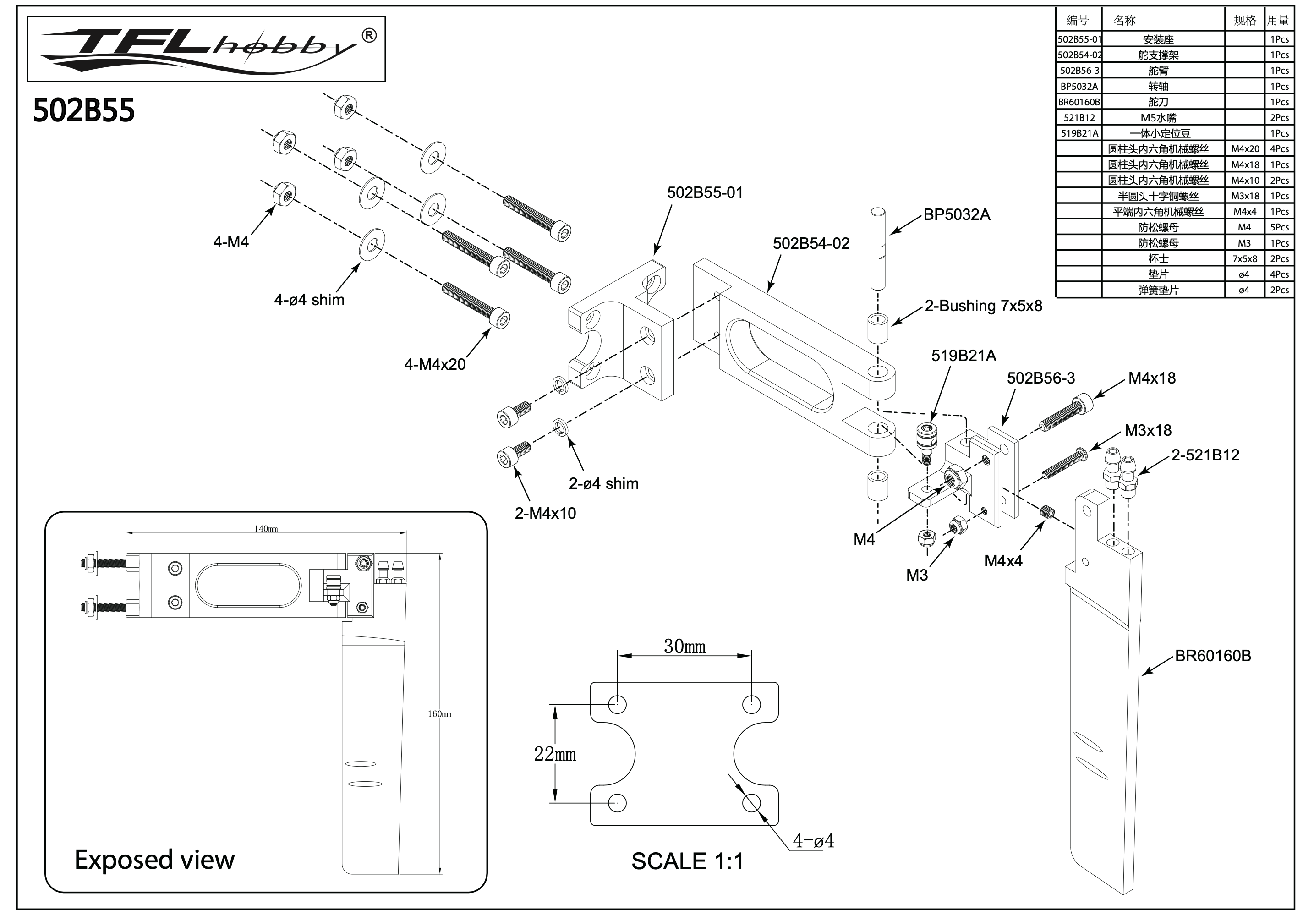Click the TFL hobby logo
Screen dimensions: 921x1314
[206, 49]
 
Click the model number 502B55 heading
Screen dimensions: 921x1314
[83, 110]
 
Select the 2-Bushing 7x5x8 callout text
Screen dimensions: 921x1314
[983, 306]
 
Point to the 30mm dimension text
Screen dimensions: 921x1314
[684, 647]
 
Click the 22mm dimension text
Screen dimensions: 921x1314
[554, 754]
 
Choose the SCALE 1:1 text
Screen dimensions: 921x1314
[687, 861]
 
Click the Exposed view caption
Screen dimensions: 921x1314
[154, 860]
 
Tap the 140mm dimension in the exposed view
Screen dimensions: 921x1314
[266, 529]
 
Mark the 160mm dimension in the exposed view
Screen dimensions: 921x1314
[439, 714]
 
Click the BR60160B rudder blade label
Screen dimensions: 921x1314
[1213, 656]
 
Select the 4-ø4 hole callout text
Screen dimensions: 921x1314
[813, 841]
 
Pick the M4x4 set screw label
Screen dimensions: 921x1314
[1003, 561]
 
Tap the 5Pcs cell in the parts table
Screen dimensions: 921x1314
[1279, 227]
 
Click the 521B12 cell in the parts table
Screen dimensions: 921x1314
[1079, 118]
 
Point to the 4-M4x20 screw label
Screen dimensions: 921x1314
[434, 365]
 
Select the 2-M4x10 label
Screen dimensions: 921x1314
[545, 514]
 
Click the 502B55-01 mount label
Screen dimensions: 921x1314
[705, 193]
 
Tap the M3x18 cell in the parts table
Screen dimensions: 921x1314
[1245, 196]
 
